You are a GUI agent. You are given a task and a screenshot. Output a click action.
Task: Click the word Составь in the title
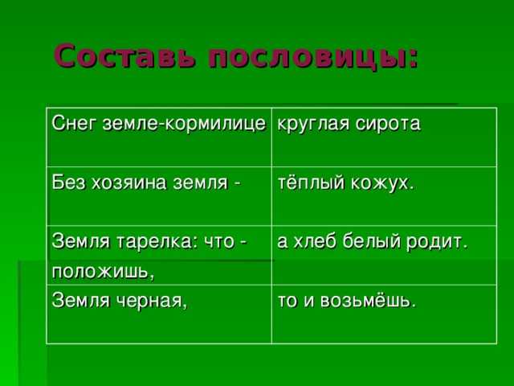[x=124, y=55]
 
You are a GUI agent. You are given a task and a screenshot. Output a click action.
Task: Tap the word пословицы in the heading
[x=308, y=58]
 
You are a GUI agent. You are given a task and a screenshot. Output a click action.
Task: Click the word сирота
[x=388, y=124]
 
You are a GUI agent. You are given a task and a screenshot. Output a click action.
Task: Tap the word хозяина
[x=129, y=183]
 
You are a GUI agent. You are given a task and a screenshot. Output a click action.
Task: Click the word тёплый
[x=312, y=183]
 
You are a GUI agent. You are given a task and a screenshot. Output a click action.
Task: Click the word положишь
[x=103, y=272]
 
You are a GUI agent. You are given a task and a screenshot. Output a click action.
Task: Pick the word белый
[x=372, y=242]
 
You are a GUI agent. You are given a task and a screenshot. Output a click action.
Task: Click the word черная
[x=152, y=301]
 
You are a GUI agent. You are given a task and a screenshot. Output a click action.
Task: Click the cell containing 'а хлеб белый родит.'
[x=384, y=255]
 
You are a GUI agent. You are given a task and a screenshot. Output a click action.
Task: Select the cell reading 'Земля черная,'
[x=159, y=314]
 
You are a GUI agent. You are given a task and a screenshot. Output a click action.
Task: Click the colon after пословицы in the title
[x=413, y=59]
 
